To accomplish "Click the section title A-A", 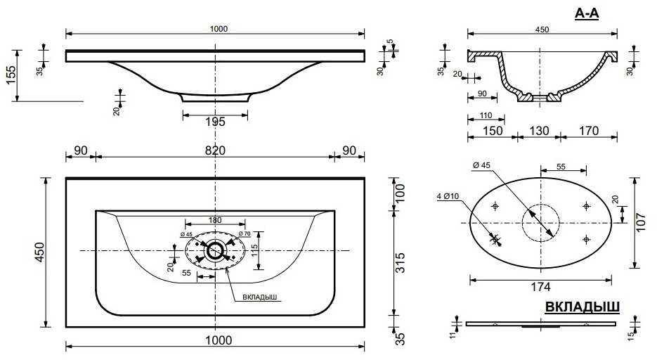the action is pos(587,13).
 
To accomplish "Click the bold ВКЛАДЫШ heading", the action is pos(582,307).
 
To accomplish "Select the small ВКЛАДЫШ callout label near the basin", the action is pos(260,297).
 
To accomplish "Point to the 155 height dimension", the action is pos(11,75).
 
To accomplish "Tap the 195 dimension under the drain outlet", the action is pos(215,122).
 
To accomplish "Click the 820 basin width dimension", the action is pos(215,150).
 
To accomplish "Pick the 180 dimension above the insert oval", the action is pos(215,220).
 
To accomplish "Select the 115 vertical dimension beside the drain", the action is pos(254,250).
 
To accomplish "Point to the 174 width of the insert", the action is pos(540,287).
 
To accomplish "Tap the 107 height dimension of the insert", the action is pos(641,222).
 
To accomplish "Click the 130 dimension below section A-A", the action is pos(539,131).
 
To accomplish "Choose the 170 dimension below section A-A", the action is pos(589,131).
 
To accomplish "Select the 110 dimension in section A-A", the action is pos(486,115).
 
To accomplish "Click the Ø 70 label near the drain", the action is pos(245,233).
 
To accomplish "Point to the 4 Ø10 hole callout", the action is pos(448,195).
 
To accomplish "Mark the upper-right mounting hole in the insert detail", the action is pos(586,206).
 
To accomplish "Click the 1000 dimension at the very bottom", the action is pos(219,340).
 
